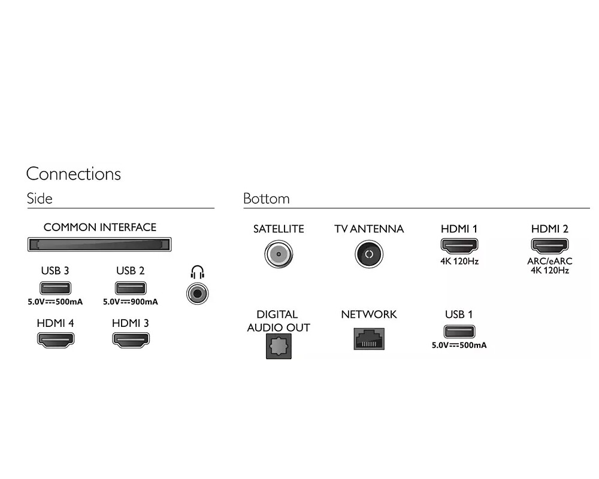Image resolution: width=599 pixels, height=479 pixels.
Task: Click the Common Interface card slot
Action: click(99, 244)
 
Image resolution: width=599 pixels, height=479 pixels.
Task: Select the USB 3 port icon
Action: click(55, 287)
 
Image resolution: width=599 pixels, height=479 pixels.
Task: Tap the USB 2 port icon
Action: click(130, 287)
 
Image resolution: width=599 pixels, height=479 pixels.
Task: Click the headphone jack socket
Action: click(198, 293)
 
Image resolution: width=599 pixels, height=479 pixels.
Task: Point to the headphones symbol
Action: click(197, 273)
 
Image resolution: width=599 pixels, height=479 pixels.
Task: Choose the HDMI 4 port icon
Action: click(56, 339)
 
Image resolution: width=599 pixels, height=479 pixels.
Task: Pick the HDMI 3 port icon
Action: click(131, 339)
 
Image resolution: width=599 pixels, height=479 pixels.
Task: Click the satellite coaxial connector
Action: click(279, 254)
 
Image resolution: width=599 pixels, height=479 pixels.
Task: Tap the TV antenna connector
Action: click(368, 254)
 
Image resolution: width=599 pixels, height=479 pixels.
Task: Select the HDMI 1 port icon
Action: click(459, 245)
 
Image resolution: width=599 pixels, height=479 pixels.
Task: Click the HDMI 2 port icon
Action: click(549, 245)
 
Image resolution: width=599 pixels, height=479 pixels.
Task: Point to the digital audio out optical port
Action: click(279, 346)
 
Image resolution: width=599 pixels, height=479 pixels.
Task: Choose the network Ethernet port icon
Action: click(368, 338)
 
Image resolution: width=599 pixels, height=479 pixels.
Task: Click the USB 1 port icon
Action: click(459, 331)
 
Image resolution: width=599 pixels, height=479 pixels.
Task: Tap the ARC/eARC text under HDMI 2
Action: click(549, 262)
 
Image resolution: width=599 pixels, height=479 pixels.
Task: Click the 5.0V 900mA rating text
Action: click(130, 302)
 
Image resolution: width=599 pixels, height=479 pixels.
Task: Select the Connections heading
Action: click(74, 174)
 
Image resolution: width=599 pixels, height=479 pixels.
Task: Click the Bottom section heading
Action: click(266, 199)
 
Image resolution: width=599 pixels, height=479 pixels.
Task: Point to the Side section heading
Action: click(40, 199)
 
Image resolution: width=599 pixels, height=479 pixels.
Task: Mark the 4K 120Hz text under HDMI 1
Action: click(459, 262)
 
